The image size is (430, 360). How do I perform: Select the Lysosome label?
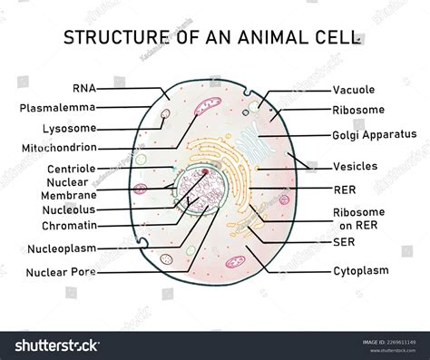point(65,129)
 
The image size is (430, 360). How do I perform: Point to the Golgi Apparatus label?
point(374,134)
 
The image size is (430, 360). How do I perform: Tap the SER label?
point(343,242)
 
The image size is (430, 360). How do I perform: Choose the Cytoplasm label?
point(360,270)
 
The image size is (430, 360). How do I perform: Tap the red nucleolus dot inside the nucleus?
point(207,171)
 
